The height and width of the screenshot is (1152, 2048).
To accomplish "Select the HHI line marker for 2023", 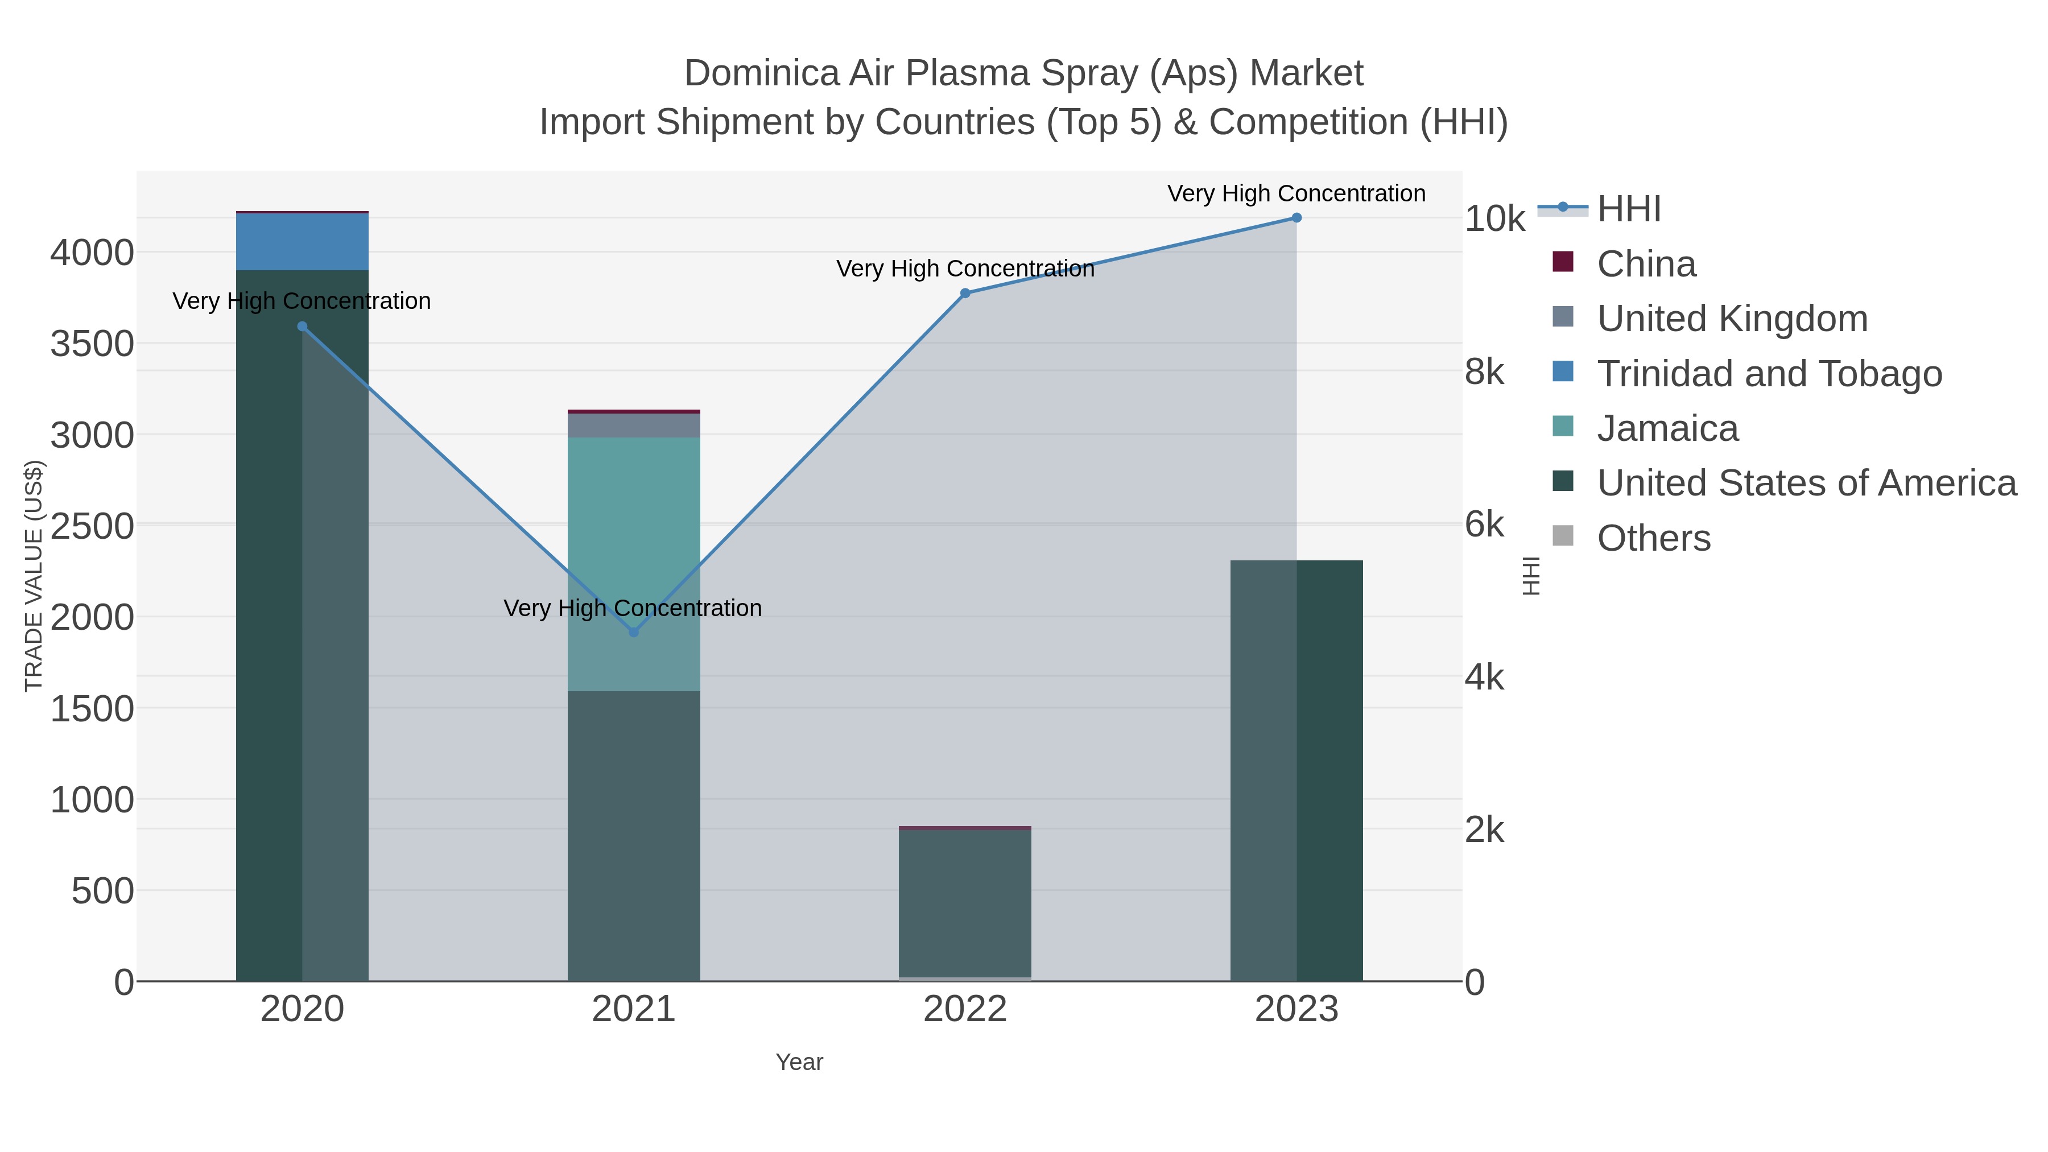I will click(x=1296, y=218).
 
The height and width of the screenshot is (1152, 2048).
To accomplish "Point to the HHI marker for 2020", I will click(x=302, y=327).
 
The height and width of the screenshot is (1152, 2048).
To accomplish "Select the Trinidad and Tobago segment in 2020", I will click(x=302, y=242).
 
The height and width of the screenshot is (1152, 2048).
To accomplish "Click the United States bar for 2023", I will click(x=1296, y=771).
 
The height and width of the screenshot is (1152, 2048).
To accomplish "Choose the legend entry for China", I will click(x=1646, y=264).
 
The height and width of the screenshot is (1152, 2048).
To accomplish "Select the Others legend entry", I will click(x=1653, y=538).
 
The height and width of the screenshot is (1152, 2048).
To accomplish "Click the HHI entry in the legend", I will click(x=1628, y=209).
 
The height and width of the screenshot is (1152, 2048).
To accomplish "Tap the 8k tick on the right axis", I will click(x=1484, y=372).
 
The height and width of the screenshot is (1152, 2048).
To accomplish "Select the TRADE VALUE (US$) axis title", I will click(x=34, y=576).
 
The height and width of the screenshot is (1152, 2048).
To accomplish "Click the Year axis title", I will click(x=799, y=1062).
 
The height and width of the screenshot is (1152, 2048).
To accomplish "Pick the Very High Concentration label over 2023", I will click(x=1296, y=193).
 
